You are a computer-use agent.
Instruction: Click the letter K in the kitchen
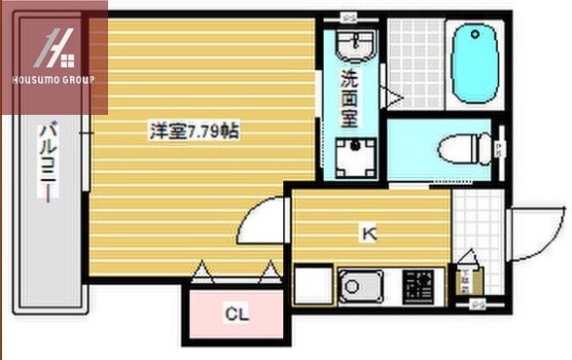pos(369,233)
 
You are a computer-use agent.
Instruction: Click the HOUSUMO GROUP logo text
pos(54,79)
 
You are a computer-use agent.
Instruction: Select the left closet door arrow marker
pos(202,271)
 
